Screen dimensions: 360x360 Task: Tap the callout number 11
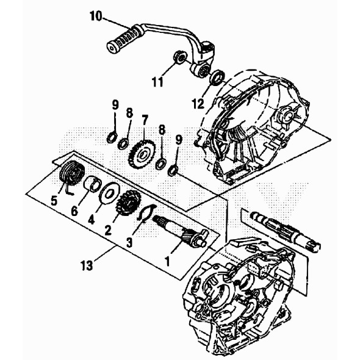[157, 81]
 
